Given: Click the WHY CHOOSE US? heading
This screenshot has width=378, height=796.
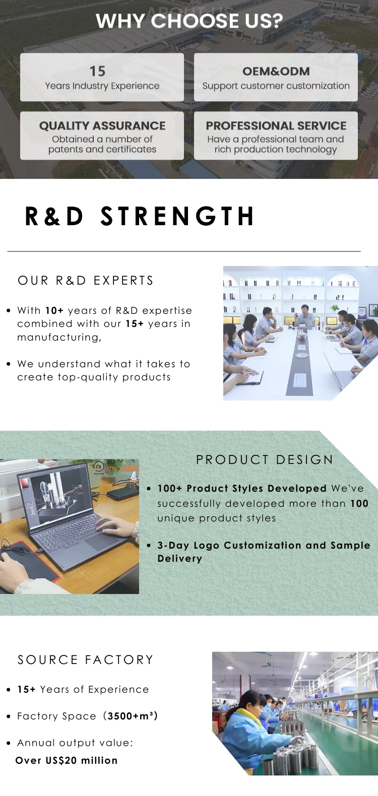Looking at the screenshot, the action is [189, 21].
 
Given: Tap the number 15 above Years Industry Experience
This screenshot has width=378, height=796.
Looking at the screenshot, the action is [97, 71].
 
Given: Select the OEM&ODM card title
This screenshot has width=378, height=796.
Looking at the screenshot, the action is [276, 71].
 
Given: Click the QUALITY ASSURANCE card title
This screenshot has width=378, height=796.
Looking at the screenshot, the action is [102, 125].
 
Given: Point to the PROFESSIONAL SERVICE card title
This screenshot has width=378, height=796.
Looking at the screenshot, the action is [276, 125].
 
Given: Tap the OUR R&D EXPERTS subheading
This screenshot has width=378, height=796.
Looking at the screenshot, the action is [85, 281].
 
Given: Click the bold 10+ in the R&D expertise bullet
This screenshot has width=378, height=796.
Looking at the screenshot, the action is [54, 310].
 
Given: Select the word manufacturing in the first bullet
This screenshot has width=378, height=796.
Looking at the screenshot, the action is [59, 337].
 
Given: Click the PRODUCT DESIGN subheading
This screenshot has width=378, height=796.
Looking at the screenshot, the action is [265, 459].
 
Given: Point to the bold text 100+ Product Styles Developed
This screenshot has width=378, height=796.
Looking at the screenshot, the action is [242, 488].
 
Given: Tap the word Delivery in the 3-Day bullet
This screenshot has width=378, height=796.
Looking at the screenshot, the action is [179, 558].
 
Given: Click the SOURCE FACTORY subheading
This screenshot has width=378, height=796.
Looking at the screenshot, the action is [85, 659].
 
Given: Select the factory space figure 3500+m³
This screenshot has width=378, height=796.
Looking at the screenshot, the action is [132, 716].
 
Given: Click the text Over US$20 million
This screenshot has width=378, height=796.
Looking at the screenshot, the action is [67, 760].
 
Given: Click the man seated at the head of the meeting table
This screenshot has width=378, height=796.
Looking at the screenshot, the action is [303, 314].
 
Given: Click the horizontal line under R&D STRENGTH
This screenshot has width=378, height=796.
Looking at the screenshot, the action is [184, 251].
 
